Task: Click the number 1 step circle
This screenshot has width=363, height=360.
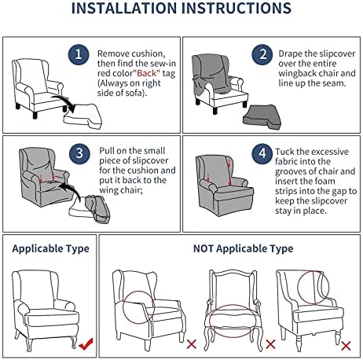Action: [79, 54]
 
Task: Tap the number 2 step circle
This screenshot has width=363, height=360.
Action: [262, 54]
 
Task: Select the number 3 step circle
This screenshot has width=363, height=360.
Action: [79, 153]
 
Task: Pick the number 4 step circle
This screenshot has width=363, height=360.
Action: [262, 153]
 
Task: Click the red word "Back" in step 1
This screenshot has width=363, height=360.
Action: [147, 73]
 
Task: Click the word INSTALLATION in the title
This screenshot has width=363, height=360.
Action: [124, 8]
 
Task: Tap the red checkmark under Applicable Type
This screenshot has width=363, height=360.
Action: [86, 343]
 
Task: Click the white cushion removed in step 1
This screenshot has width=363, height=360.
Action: [82, 116]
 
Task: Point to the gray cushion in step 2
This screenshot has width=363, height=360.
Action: [262, 117]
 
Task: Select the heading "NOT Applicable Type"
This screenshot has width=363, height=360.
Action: [243, 248]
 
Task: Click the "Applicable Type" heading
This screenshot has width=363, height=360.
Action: [50, 248]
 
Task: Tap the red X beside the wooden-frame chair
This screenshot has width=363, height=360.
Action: [270, 344]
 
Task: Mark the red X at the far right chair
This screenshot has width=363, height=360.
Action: [346, 346]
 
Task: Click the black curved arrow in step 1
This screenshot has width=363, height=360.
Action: [65, 102]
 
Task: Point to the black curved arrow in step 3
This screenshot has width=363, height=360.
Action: [72, 190]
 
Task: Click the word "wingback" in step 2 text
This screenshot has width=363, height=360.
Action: [295, 73]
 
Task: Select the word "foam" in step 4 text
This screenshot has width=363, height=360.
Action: [324, 181]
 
